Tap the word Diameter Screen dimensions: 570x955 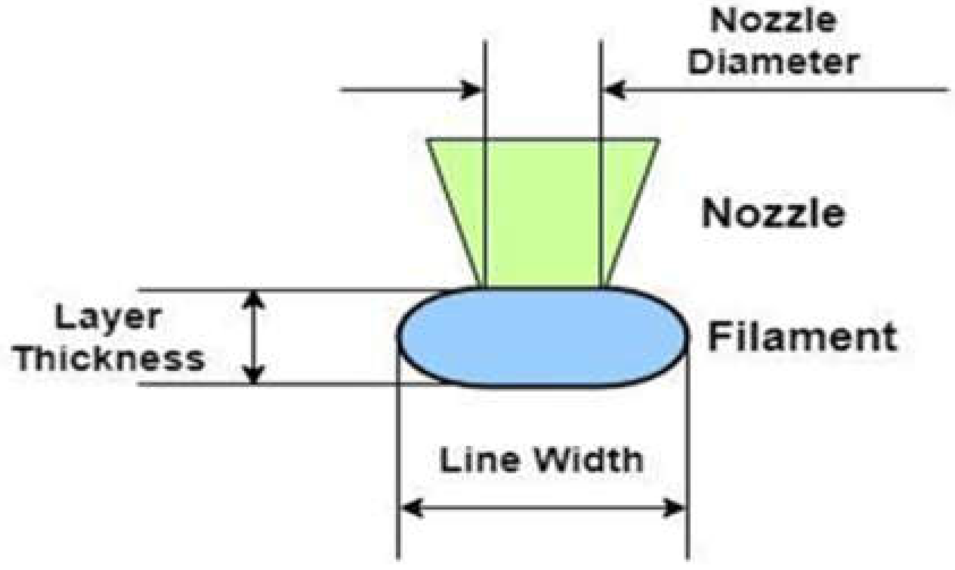point(774,61)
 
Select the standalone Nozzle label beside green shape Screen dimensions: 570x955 point(774,214)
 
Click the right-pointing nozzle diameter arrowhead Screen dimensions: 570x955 point(472,90)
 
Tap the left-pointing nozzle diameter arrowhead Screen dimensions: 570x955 point(615,90)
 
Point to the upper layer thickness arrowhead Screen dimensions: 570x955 point(254,299)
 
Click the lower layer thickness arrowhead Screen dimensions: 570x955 point(254,375)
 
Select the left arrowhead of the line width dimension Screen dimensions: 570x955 point(411,508)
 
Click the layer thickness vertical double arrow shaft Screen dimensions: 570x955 point(254,337)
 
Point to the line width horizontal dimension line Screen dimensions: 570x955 point(543,508)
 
